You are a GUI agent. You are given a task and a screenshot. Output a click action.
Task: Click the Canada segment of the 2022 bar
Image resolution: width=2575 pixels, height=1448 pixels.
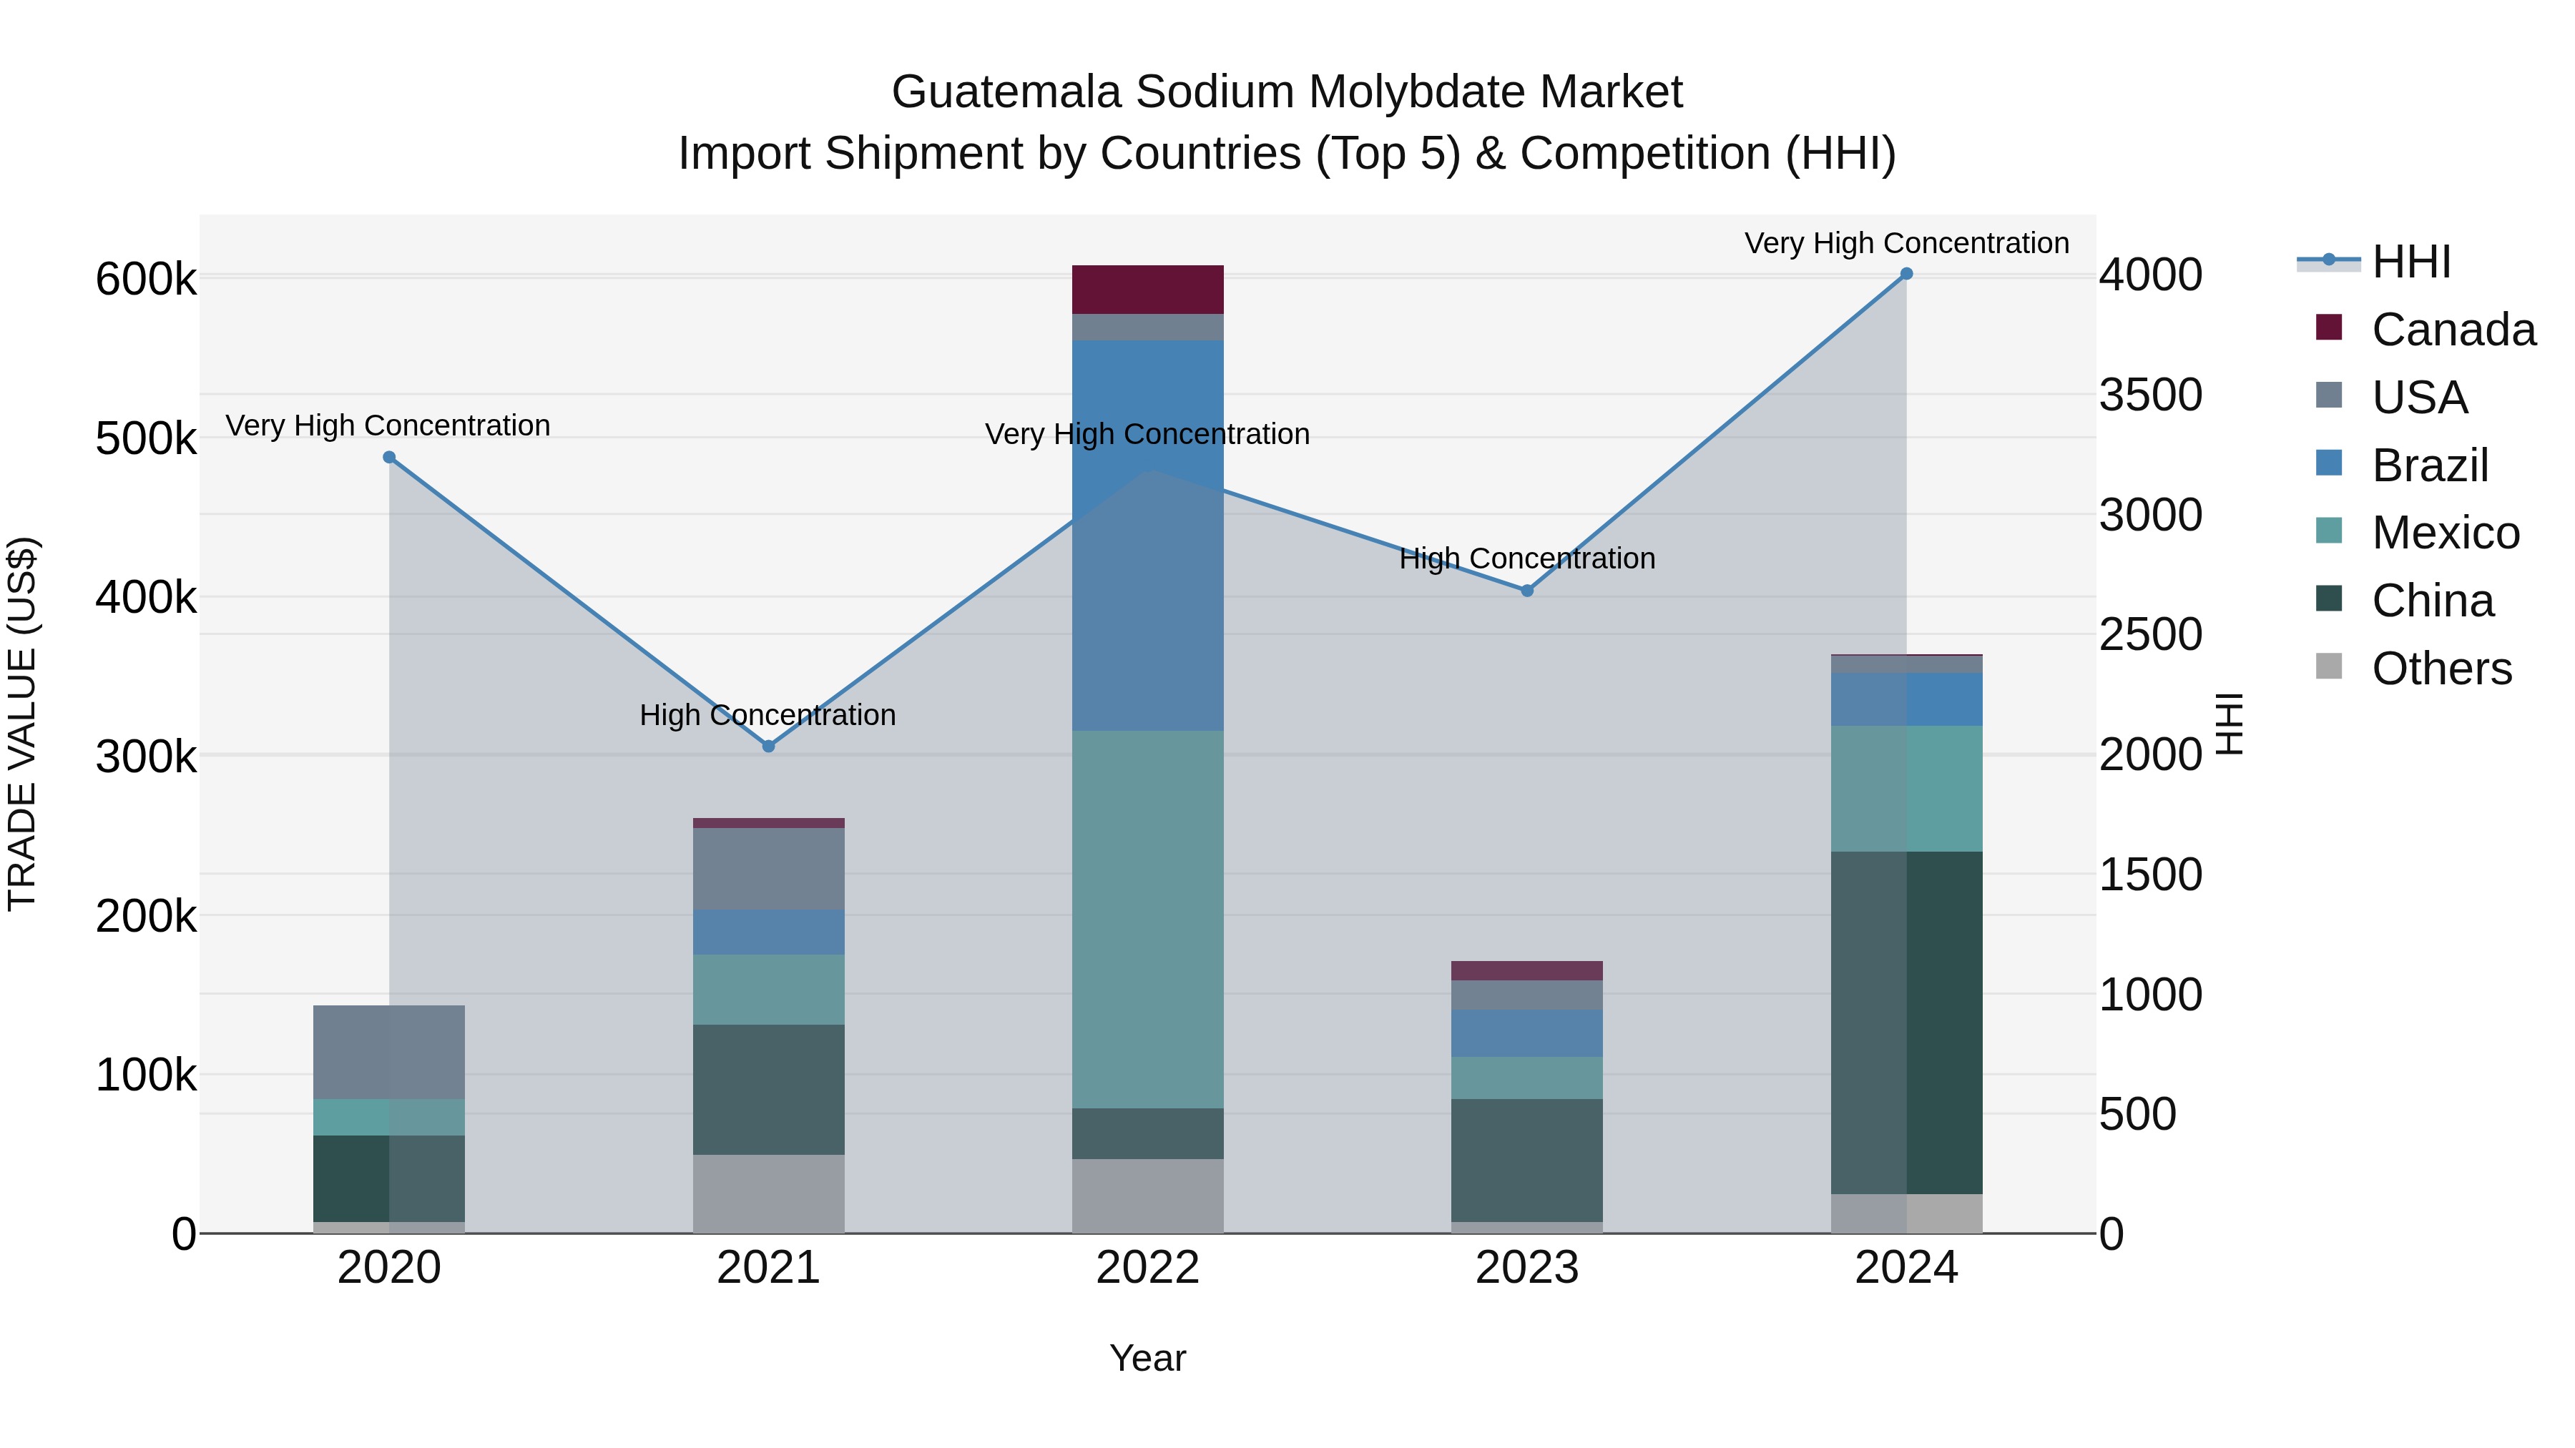[x=1147, y=290]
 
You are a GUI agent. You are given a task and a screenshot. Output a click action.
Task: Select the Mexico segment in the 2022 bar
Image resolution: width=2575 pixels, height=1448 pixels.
[x=1147, y=920]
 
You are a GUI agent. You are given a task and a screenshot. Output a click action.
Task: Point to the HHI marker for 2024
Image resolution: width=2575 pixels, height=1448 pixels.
[x=1906, y=274]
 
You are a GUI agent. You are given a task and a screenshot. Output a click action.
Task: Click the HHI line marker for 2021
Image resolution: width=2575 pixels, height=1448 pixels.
[x=769, y=747]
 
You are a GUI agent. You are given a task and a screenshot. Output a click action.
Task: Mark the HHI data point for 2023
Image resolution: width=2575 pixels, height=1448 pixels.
[x=1527, y=591]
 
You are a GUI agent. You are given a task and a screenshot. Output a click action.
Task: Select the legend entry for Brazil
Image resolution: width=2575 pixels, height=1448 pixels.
[x=2429, y=466]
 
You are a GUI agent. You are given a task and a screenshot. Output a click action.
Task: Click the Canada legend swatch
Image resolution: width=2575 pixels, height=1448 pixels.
[x=2329, y=327]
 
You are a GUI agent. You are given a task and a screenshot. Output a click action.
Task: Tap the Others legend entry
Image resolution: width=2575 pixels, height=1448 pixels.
[x=2440, y=669]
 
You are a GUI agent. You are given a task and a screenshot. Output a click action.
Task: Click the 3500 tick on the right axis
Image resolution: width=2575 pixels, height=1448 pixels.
[x=2150, y=395]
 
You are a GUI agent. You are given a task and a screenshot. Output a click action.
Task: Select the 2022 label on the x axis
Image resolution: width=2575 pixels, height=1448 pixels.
[x=1147, y=1268]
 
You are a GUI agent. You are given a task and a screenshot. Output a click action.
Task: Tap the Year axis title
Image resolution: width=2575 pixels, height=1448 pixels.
[x=1147, y=1358]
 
